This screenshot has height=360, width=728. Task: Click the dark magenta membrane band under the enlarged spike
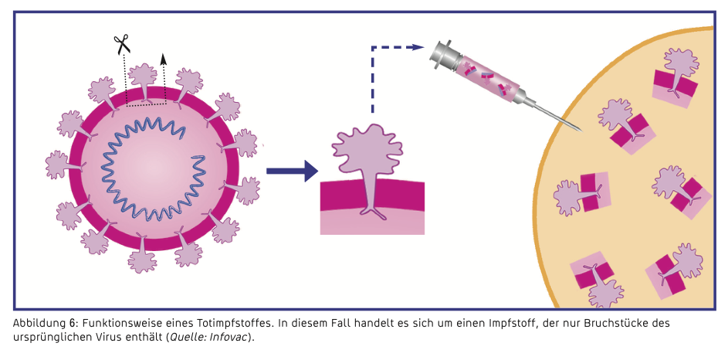[x=372, y=196]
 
